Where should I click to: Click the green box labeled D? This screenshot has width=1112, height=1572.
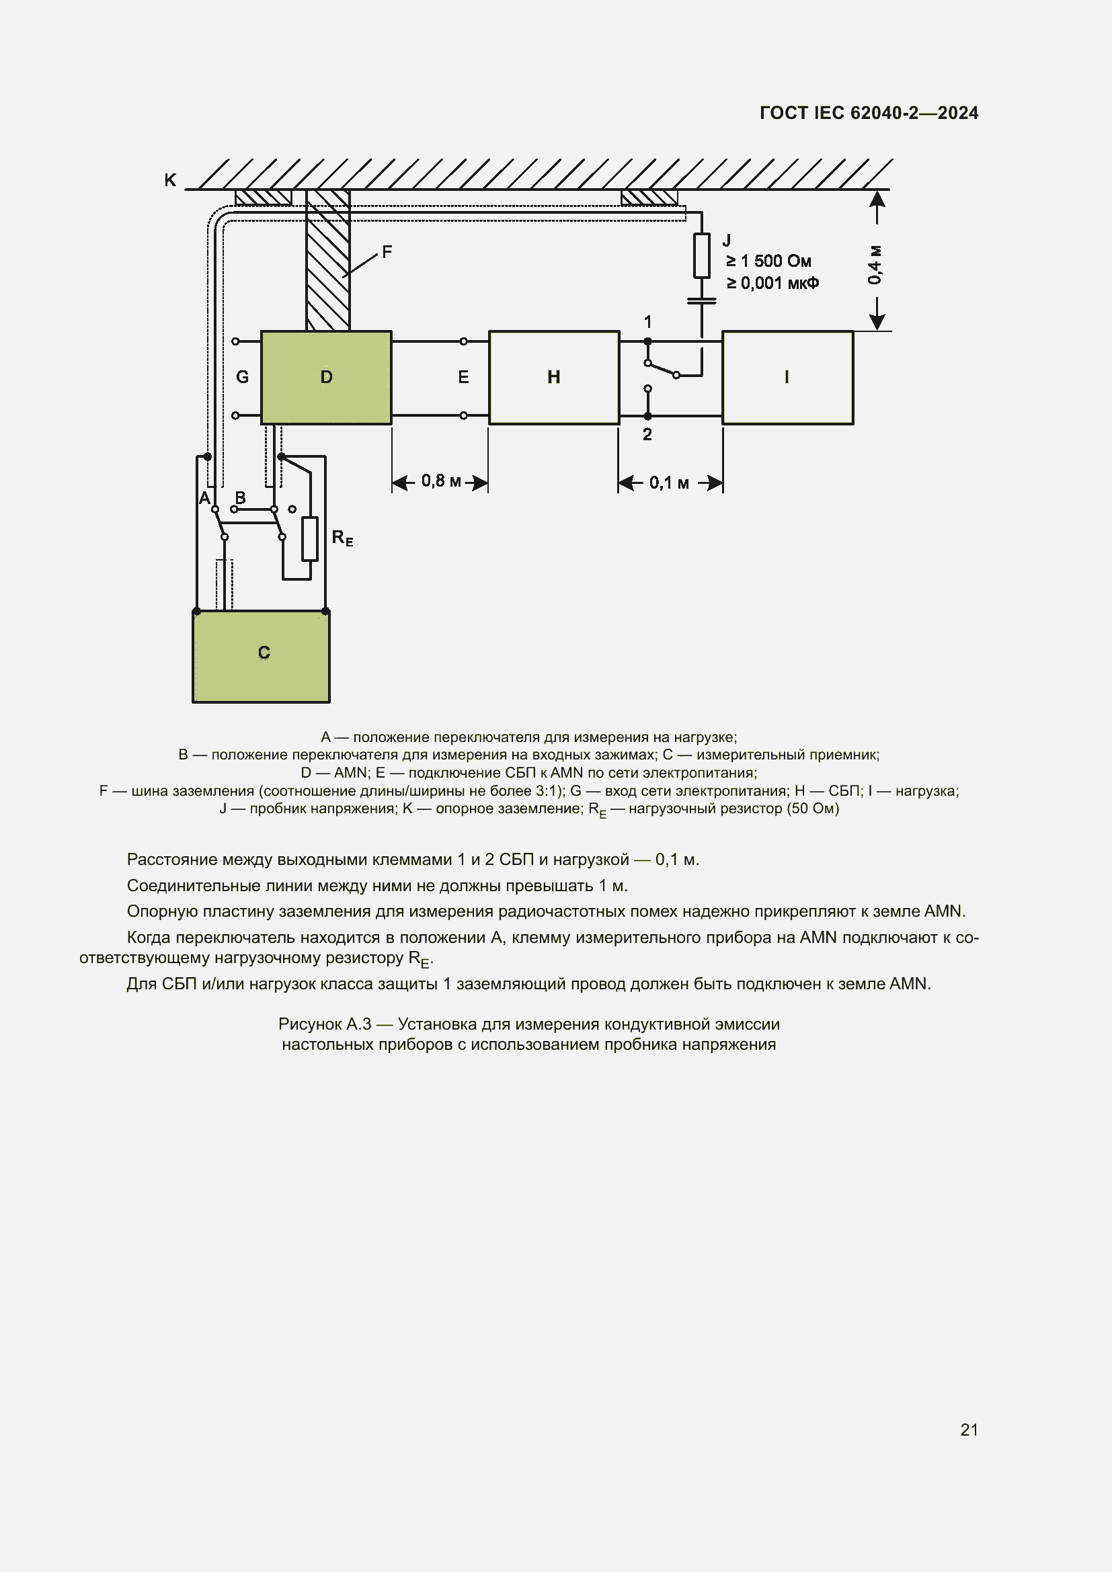click(326, 377)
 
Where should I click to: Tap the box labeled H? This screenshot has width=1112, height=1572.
click(554, 377)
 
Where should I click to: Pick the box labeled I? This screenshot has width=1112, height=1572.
click(787, 377)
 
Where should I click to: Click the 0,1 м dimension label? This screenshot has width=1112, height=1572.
click(669, 483)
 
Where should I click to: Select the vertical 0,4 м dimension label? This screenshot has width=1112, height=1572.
click(875, 264)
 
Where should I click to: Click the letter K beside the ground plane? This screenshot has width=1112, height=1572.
click(170, 180)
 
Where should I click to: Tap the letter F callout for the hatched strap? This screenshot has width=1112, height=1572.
click(387, 252)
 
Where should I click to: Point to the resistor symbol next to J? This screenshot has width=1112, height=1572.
click(702, 255)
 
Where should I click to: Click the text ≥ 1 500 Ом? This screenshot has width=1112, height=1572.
click(768, 261)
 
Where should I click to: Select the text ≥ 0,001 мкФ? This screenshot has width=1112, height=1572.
click(772, 283)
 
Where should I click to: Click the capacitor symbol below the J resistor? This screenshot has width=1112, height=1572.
click(702, 300)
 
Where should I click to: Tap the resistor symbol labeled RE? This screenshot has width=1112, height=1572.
click(310, 539)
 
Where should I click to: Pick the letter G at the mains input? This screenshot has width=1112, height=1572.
click(243, 377)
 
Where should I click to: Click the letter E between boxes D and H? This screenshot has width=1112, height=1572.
click(464, 377)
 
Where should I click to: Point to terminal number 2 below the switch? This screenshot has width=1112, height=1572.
click(647, 434)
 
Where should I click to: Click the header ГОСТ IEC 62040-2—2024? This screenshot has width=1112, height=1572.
click(868, 113)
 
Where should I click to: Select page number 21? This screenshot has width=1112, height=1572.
click(969, 1430)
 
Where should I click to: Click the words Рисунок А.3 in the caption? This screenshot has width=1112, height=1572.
click(325, 1024)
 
